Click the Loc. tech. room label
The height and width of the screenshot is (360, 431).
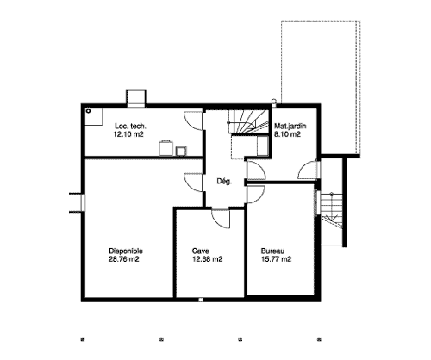pos(130,126)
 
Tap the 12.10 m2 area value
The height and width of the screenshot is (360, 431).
pos(128,134)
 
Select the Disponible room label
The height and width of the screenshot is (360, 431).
pos(126,251)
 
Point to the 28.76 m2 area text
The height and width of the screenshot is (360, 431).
pos(124,259)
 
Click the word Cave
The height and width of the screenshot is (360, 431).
pos(201,251)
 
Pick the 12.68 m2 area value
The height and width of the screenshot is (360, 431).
pos(207,259)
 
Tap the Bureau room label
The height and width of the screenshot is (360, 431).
pos(272,251)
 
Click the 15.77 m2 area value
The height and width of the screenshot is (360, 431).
pos(276,259)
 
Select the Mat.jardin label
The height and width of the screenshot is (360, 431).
pos(290,126)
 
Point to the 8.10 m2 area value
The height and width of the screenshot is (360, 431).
pos(287,134)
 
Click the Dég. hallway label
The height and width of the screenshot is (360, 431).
pos(224,182)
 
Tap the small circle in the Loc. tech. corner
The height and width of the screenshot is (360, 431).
pos(89,111)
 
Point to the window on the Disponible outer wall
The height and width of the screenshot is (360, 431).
pos(83,203)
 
